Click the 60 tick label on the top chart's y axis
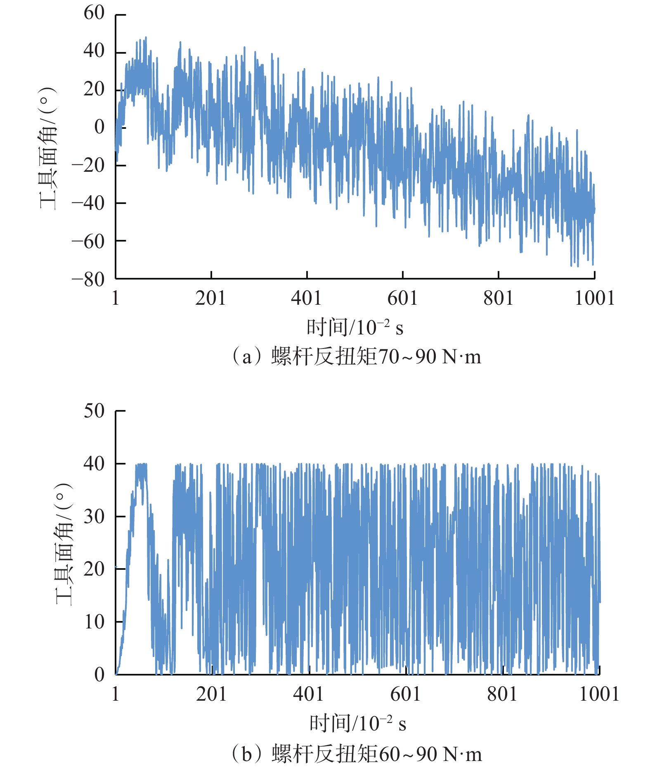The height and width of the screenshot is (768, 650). pyautogui.click(x=94, y=13)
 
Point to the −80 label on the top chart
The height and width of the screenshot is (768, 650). pyautogui.click(x=88, y=280)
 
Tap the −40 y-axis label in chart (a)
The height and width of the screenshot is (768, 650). pyautogui.click(x=88, y=203)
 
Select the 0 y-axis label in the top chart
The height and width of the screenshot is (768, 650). pyautogui.click(x=99, y=127)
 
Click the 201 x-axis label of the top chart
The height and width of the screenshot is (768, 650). pyautogui.click(x=210, y=298)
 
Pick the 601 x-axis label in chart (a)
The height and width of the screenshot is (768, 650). pyautogui.click(x=402, y=298)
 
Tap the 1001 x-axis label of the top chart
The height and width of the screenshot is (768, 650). pyautogui.click(x=594, y=298)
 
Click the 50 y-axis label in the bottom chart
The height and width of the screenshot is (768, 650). pyautogui.click(x=94, y=411)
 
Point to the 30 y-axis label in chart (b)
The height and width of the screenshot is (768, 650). pyautogui.click(x=94, y=516)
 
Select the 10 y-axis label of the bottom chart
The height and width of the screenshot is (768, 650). pyautogui.click(x=94, y=622)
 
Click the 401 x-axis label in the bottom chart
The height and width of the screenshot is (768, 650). pyautogui.click(x=308, y=694)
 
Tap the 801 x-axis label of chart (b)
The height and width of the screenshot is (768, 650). pyautogui.click(x=502, y=694)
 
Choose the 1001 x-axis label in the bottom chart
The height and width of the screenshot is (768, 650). pyautogui.click(x=599, y=694)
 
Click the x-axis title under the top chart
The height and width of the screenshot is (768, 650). pyautogui.click(x=355, y=327)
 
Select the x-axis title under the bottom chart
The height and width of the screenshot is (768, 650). pyautogui.click(x=357, y=724)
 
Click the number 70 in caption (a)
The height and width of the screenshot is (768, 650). pyautogui.click(x=389, y=356)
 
